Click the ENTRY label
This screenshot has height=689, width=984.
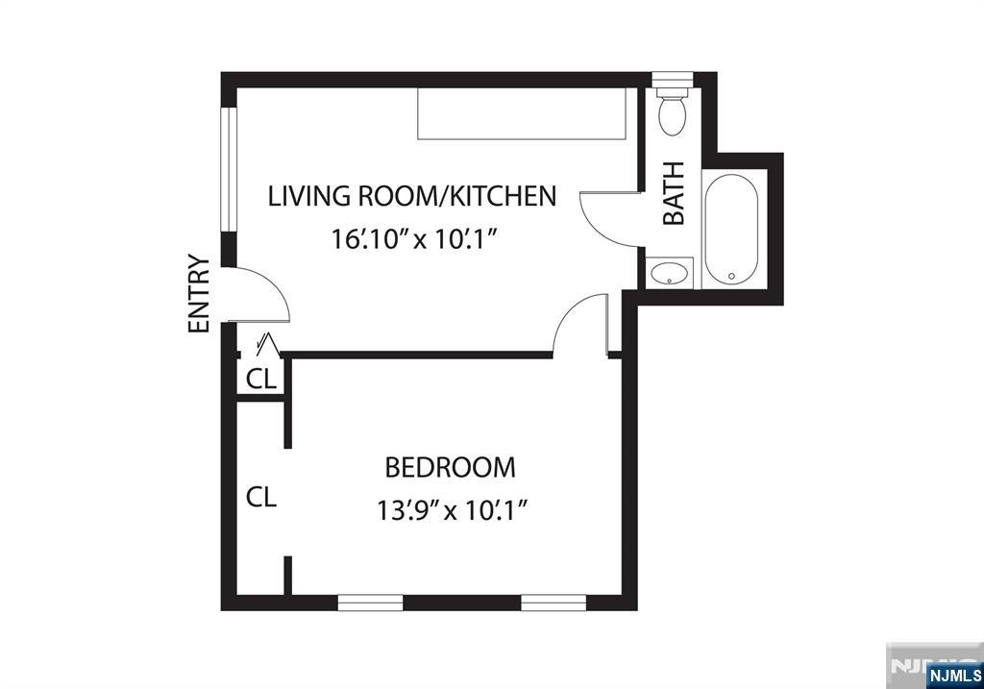coord(199,293)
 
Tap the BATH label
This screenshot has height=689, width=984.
coord(674,193)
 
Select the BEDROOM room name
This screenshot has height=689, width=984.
coord(450,467)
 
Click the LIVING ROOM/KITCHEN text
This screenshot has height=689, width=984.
coord(412,196)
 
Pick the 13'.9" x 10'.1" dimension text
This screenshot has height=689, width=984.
coord(450,510)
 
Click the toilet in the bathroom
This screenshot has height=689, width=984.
coord(672,111)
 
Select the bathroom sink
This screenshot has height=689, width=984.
coord(670,273)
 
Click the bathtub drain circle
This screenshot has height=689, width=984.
coord(731,276)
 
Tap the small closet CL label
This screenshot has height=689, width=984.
coord(261,379)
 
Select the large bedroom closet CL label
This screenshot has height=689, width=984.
coord(261,497)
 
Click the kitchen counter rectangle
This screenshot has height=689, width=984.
coord(522,113)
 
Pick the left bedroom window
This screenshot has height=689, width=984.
coord(370,603)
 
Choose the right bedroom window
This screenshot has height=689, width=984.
coord(553,603)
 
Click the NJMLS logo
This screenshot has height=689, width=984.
coord(954,676)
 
